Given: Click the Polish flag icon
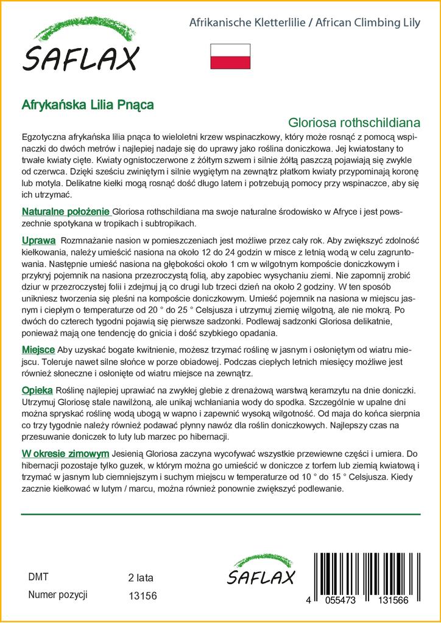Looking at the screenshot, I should coord(230,56).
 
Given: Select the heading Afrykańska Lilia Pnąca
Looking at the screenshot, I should coord(88,104).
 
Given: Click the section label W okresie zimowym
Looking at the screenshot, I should coord(65,453).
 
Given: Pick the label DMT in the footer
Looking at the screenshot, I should coord(38,577).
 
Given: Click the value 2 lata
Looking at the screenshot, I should coord(141,577).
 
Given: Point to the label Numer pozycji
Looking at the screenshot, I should coord(58,594).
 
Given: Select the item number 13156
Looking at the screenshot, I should coord(143,596).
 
